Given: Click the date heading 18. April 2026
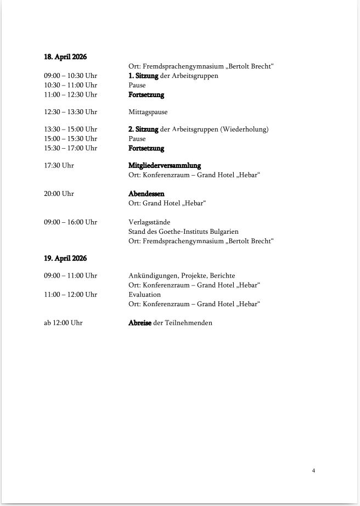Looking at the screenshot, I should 65,57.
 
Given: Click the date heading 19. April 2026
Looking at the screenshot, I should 65,258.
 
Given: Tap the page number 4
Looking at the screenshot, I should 313,470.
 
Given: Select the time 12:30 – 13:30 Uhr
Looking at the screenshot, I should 70,112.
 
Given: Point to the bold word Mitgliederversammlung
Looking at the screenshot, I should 165,165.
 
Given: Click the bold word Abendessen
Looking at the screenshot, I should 147,194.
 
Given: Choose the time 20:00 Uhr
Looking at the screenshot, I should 59,194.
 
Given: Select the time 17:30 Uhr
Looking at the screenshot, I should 59,165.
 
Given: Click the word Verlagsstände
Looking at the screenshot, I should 149,222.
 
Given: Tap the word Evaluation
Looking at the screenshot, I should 145,295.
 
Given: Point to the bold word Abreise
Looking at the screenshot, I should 140,323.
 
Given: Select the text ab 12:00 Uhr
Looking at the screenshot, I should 63,323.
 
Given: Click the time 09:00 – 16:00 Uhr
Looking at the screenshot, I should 70,222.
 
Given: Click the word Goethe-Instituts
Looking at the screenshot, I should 187,232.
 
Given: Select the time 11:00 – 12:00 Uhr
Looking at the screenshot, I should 70,295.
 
